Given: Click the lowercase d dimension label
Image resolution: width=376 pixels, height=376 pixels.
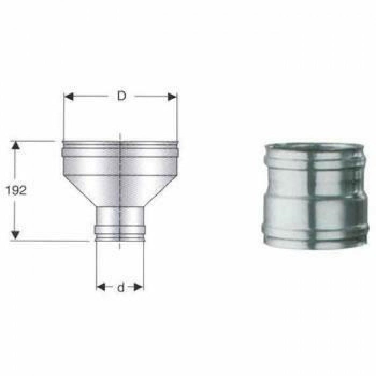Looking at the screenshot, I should (120, 287).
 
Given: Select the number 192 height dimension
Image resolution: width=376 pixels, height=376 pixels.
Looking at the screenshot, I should (15, 191).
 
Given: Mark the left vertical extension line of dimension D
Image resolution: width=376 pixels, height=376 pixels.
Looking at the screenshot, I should (64, 118).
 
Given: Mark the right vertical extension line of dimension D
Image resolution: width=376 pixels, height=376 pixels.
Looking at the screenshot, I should (177, 118).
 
